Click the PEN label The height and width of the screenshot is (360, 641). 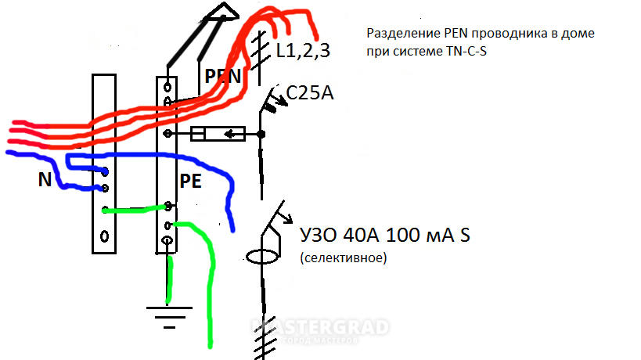[223, 77]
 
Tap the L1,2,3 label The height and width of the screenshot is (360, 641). [303, 51]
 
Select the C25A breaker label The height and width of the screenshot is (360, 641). [310, 93]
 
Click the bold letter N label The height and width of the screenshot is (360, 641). [45, 180]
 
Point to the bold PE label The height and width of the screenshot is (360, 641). [190, 182]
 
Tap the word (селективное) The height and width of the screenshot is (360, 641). [344, 257]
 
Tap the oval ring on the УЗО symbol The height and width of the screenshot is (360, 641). [262, 257]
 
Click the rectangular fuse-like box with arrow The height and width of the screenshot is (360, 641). [218, 134]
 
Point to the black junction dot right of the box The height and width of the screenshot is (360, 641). [261, 134]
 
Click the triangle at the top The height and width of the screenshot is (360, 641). [223, 12]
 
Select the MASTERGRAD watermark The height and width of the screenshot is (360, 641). [320, 328]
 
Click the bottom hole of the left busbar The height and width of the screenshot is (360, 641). [104, 236]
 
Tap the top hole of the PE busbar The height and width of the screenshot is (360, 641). [167, 87]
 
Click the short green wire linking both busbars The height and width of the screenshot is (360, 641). [135, 209]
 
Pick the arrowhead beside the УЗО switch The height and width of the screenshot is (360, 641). [288, 219]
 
